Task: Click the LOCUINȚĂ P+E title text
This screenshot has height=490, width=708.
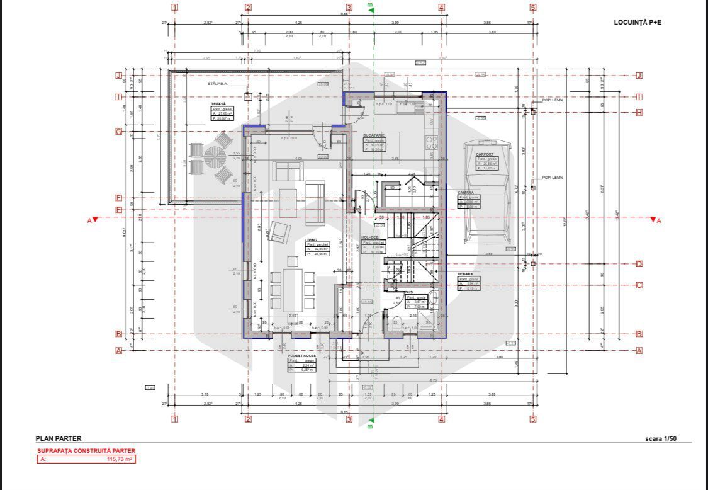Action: pos(638,22)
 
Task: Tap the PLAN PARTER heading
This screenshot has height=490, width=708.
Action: pos(59,438)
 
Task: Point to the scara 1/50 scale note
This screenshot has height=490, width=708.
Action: pos(661,438)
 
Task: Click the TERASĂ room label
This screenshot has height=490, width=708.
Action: pos(218,104)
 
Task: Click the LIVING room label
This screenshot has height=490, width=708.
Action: pos(312,240)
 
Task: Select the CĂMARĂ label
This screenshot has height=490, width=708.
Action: pos(466,193)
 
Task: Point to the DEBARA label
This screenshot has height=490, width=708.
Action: pos(465,274)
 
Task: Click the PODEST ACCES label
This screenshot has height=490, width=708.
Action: pos(302,356)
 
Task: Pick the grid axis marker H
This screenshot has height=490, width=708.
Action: pos(639,113)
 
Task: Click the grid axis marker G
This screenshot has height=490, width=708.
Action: pos(118,132)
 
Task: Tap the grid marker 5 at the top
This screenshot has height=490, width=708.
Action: pos(533,8)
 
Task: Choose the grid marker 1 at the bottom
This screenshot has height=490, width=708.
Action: pos(175,419)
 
